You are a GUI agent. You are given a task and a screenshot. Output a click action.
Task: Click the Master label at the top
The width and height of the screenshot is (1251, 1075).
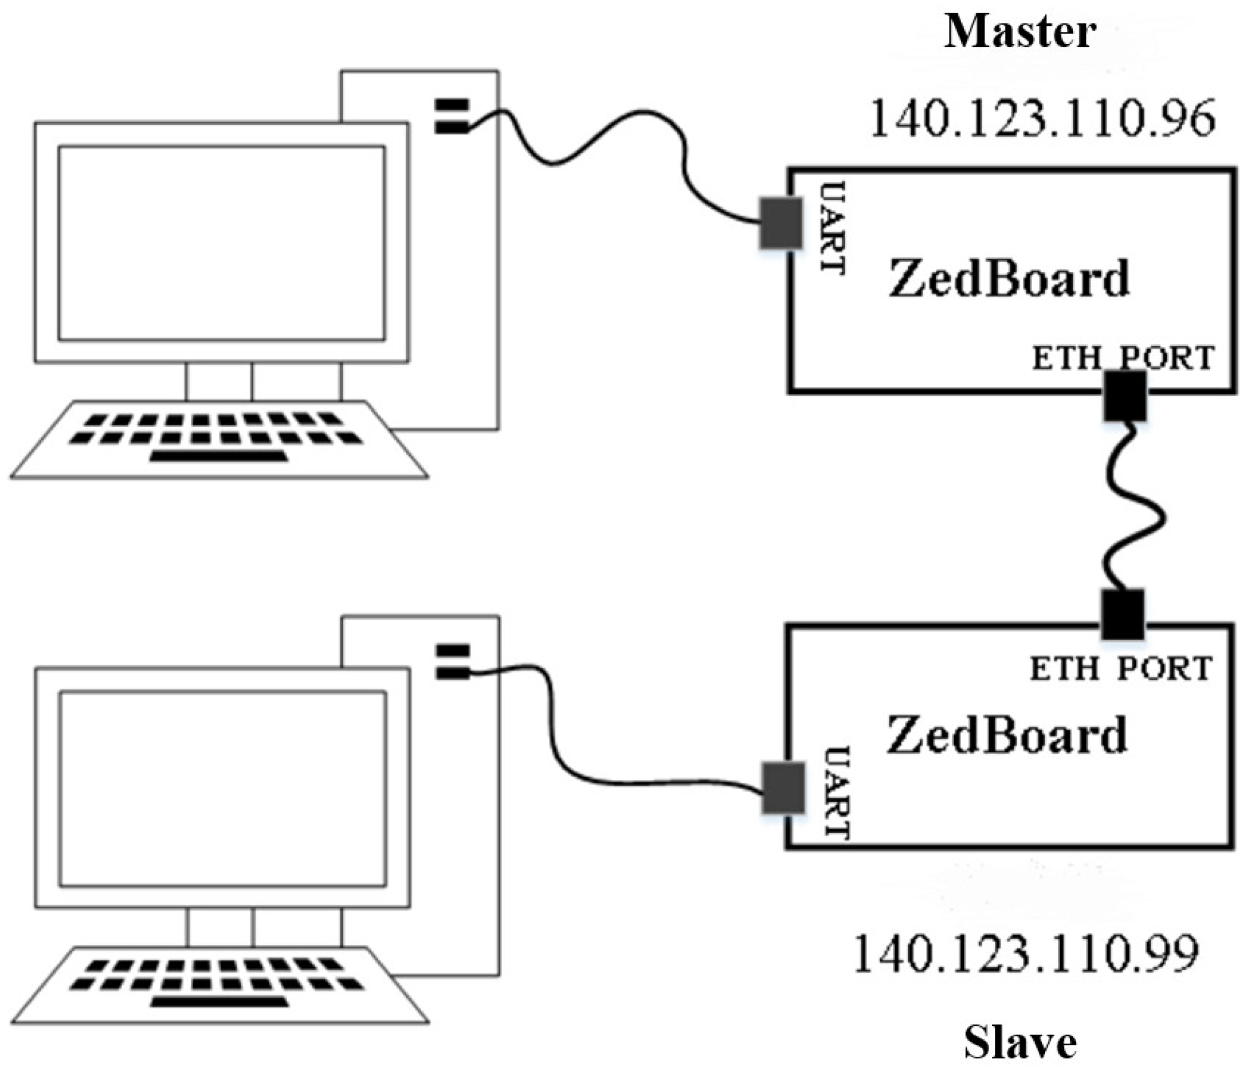(1020, 31)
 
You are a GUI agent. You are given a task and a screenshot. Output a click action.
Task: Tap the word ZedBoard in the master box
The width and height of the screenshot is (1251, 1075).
(1009, 278)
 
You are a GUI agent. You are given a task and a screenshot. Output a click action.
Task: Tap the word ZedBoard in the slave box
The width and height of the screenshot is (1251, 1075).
(1006, 734)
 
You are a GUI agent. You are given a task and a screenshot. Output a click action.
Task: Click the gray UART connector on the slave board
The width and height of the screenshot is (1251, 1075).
(783, 788)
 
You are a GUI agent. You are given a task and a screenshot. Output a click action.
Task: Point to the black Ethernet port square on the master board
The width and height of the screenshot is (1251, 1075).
(1125, 395)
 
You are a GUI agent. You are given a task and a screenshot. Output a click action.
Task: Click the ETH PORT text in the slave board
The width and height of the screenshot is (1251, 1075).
(1120, 669)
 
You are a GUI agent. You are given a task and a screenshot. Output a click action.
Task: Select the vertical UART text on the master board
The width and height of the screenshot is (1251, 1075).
(834, 228)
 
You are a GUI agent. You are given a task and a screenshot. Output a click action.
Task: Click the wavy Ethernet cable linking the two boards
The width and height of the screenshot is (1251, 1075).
(1135, 514)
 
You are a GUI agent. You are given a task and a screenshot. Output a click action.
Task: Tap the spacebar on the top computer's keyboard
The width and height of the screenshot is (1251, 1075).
(218, 456)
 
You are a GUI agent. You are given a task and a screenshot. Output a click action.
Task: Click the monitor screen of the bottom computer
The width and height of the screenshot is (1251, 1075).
(222, 789)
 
